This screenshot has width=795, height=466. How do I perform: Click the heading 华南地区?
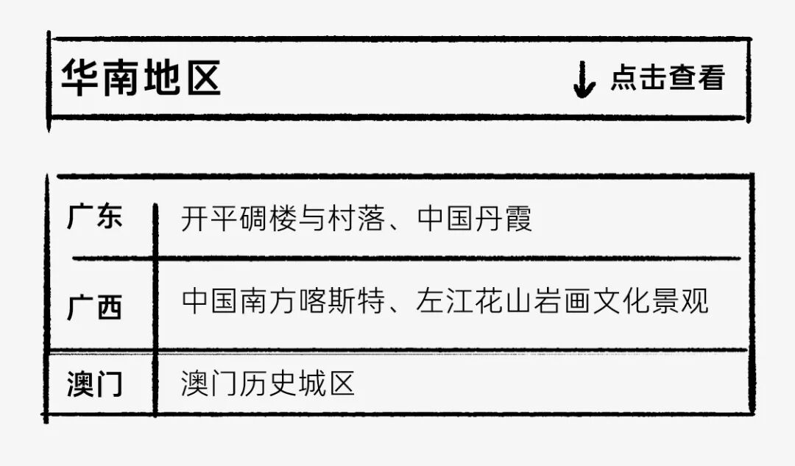pos(141,78)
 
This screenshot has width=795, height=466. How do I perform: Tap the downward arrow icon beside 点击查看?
pos(584,80)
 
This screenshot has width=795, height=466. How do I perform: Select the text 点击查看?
pos(668,78)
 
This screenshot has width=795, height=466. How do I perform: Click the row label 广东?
pos(95,217)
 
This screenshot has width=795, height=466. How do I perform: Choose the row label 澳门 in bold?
pos(95,384)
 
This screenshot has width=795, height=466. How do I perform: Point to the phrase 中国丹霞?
pos(475,219)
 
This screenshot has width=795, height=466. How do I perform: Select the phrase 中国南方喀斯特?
pos(283,302)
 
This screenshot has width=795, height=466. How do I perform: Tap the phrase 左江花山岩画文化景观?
pos(562,302)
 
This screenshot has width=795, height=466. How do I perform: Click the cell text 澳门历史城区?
pos(269,384)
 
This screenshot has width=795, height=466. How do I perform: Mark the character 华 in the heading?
pos(79,78)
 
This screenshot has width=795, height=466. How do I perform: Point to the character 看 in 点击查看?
pos(711,78)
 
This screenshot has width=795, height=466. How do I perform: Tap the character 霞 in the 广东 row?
pos(518,219)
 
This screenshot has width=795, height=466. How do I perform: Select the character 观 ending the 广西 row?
pos(694,302)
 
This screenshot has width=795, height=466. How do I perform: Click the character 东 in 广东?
pos(109,217)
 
